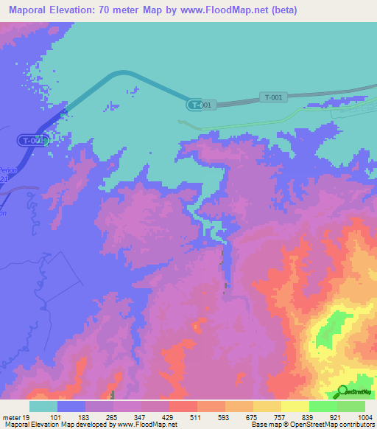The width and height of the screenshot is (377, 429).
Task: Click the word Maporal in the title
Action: (x=30, y=10)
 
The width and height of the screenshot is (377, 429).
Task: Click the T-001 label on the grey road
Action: (x=272, y=97)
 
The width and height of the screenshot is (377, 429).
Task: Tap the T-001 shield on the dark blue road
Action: (x=34, y=139)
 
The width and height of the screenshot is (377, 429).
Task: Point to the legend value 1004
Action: (x=364, y=416)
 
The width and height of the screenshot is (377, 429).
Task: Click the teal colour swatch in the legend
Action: (x=43, y=406)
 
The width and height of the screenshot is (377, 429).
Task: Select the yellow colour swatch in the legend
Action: (x=295, y=406)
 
